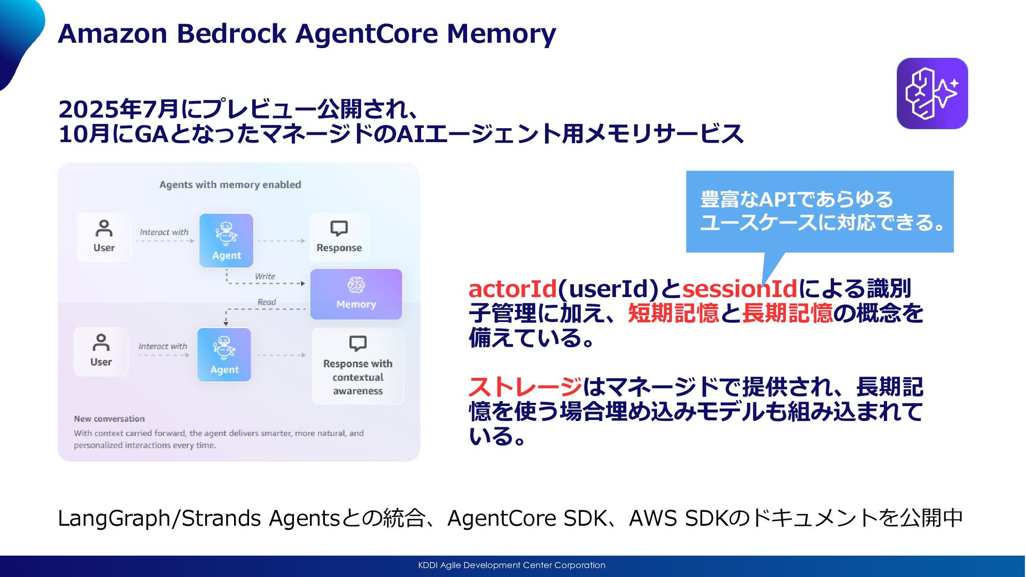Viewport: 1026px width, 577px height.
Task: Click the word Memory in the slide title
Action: coord(501,34)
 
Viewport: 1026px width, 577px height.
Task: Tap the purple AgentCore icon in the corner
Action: coord(932,93)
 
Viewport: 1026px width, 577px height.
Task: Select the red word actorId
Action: coord(512,289)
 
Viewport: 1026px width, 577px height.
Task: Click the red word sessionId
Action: coord(739,289)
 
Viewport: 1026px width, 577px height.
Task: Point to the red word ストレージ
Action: coord(525,387)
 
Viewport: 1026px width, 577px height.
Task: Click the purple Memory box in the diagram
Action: coord(356,294)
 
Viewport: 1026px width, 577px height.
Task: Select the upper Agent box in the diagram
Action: coord(226,240)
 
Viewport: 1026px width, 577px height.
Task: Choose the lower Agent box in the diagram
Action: coord(224,354)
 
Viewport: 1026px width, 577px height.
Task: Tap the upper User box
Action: coord(104,237)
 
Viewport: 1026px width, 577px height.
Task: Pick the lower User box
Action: coord(101,352)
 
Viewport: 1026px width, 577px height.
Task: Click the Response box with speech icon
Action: coord(339,237)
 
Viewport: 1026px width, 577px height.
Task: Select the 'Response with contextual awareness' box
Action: coord(357,366)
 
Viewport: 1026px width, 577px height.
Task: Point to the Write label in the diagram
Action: coord(265,276)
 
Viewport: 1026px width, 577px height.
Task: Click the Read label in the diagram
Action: coord(267,302)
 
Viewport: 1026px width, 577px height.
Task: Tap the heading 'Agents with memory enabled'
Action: coord(230,185)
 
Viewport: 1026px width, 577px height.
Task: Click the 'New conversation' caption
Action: coord(109,419)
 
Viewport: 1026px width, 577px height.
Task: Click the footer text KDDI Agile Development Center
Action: coord(511,565)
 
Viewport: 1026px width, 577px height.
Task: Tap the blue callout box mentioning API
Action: coord(819,212)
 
